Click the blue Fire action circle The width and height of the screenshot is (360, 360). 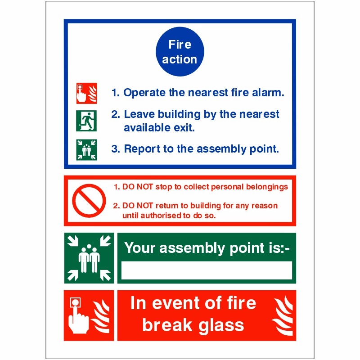coord(180,51)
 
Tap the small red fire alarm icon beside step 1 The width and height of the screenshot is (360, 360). coord(86,93)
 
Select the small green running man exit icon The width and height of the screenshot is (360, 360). coord(86,120)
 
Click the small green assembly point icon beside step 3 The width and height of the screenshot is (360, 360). coord(86,149)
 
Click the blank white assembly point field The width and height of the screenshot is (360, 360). coord(207,270)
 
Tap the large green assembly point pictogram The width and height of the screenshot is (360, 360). coord(89,258)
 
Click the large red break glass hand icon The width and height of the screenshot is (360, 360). coord(89,315)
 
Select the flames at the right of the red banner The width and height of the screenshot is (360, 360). coord(282,315)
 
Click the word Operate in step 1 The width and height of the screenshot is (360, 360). coord(144,93)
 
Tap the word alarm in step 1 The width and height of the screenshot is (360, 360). coord(268,93)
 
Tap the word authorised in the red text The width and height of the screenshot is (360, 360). coord(164,215)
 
